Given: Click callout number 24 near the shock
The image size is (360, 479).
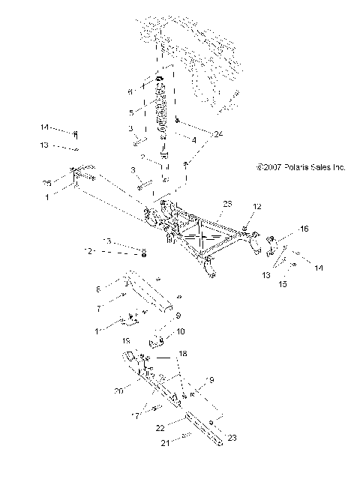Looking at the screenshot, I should pyautogui.click(x=198, y=134).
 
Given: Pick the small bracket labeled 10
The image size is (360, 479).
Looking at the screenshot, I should pyautogui.click(x=159, y=344).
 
